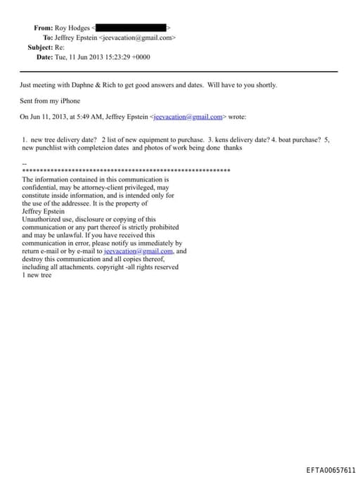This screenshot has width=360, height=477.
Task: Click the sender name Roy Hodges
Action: click(73, 28)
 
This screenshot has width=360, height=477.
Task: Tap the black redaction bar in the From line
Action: click(136, 28)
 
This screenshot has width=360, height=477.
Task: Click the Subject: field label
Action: click(40, 47)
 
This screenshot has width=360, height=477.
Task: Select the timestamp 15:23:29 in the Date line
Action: click(117, 57)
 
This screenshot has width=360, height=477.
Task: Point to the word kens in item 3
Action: click(221, 140)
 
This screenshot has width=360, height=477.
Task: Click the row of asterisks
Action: click(127, 171)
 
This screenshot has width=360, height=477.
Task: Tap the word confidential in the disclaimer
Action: click(42, 188)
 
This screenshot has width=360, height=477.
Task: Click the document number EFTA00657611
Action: click(331, 469)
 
